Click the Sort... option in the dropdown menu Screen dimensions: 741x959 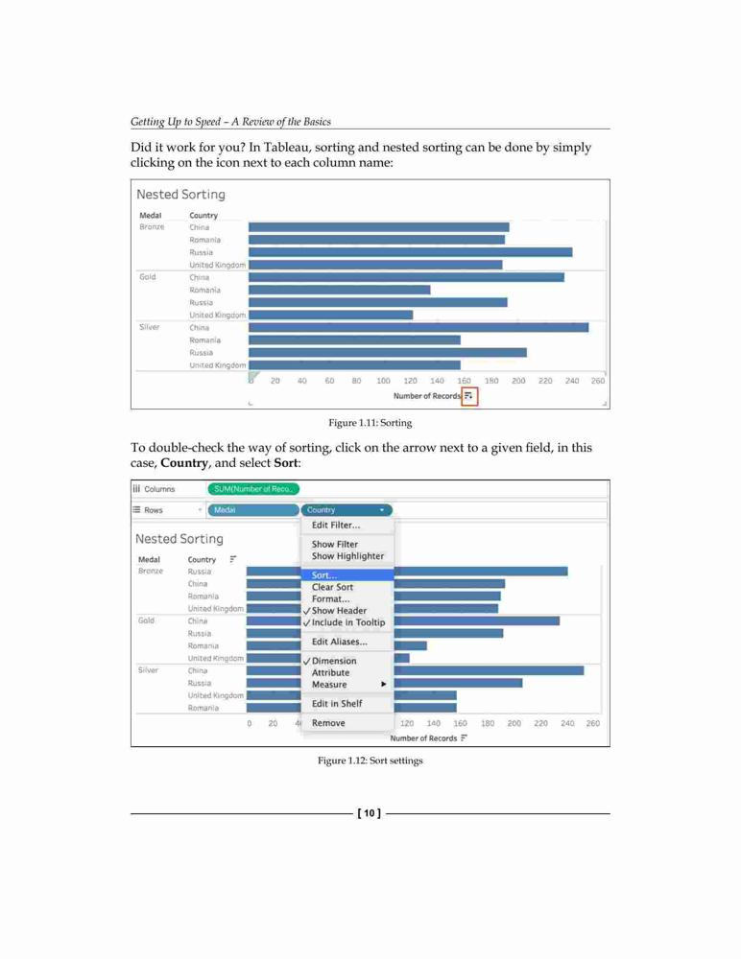[x=324, y=574]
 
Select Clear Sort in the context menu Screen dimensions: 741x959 [x=332, y=587]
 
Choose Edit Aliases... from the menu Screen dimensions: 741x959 [x=339, y=642]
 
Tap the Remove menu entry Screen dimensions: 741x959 [x=328, y=723]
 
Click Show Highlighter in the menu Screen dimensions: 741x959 [x=347, y=556]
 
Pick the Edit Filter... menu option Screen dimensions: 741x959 [x=336, y=525]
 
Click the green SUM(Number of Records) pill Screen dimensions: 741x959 [x=253, y=489]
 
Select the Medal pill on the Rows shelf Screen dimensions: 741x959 [x=253, y=510]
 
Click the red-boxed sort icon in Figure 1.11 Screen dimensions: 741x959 [x=469, y=396]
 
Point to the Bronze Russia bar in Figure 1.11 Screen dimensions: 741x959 [x=410, y=252]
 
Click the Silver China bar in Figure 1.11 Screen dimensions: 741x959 [x=418, y=328]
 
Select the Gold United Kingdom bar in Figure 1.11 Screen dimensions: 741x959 [x=331, y=315]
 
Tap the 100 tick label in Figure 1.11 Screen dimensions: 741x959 [x=383, y=381]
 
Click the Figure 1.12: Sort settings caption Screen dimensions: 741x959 [x=370, y=760]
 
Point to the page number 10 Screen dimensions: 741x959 [x=369, y=813]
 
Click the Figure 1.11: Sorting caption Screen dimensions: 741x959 [x=370, y=423]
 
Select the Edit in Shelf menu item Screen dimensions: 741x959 [x=337, y=703]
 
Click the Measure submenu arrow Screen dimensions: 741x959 [x=383, y=684]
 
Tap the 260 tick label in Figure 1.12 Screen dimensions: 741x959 [x=593, y=723]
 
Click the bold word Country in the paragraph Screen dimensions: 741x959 [x=184, y=463]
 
